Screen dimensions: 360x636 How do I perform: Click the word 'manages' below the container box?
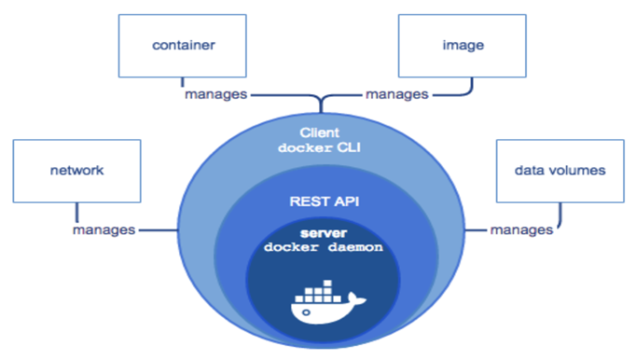(x=214, y=94)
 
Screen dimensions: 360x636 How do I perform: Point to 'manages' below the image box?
(x=396, y=94)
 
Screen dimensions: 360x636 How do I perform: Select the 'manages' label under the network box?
(x=104, y=228)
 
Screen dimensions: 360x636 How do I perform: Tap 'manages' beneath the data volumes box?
(x=520, y=229)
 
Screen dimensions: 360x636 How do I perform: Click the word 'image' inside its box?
(x=451, y=44)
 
